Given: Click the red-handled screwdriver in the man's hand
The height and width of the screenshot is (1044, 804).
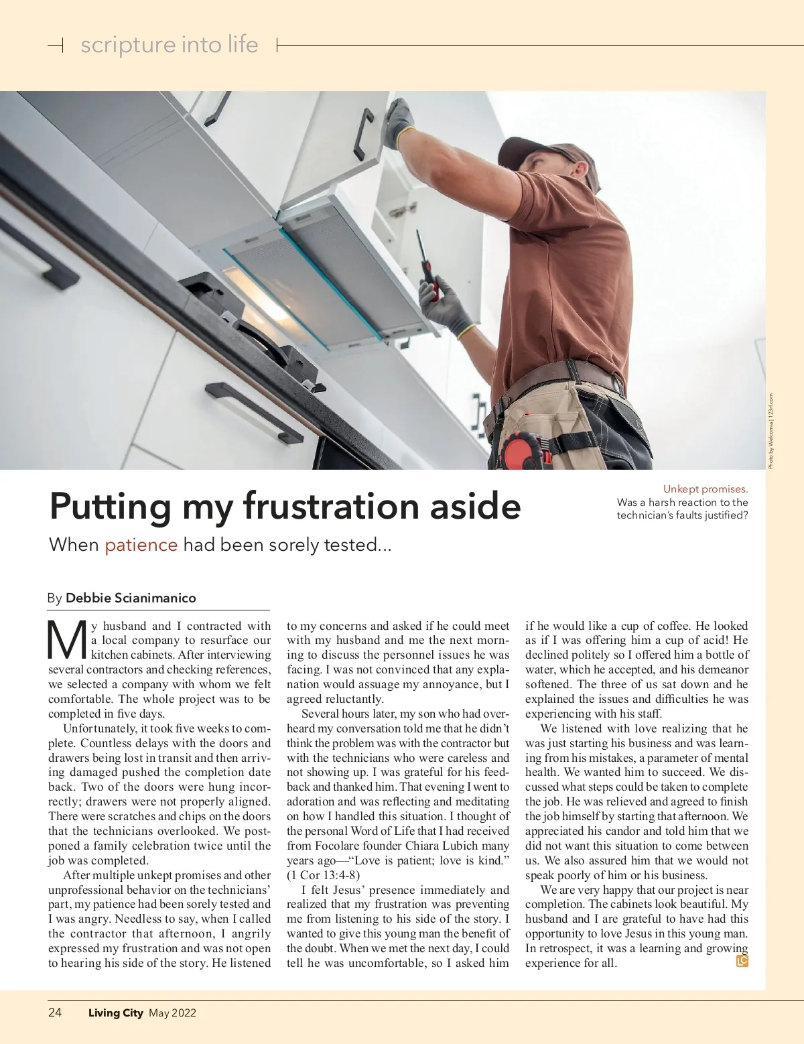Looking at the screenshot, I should point(426,264).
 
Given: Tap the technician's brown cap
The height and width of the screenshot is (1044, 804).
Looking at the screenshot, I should point(536,148).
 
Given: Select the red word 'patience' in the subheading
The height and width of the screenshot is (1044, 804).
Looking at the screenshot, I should point(141,545).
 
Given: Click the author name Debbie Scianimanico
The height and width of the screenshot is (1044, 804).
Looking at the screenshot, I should point(131,598).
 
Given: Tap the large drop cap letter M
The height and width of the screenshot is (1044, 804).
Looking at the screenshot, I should point(67,641).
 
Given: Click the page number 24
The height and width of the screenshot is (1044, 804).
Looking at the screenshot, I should point(55,1013).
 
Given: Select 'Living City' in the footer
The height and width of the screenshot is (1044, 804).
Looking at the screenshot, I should point(115,1013).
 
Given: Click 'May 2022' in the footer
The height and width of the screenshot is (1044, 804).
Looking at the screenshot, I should point(172,1013).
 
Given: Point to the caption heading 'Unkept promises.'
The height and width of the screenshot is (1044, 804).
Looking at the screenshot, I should point(705,489).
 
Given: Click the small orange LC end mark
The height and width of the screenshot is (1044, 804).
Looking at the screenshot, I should point(742,961).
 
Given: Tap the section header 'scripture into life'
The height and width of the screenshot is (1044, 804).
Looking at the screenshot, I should point(169,45).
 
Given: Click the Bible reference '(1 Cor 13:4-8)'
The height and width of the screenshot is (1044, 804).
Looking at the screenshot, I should point(323,875).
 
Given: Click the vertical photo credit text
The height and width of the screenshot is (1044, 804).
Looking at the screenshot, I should point(771,431).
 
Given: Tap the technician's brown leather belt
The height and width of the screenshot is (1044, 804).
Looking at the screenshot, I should point(569,376).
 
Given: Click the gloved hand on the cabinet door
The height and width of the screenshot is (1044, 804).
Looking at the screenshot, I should point(401,121).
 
